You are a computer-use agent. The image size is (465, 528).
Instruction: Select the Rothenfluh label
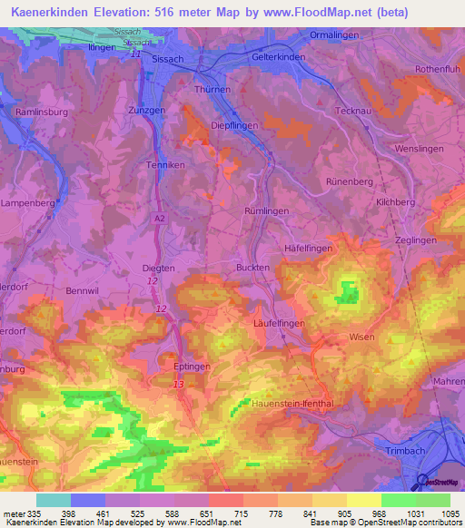pyautogui.click(x=440, y=69)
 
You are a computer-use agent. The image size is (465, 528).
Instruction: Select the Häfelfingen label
pyautogui.click(x=308, y=248)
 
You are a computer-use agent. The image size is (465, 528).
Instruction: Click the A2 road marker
pyautogui.click(x=160, y=219)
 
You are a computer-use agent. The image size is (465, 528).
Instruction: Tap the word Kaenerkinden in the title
pyautogui.click(x=52, y=13)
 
